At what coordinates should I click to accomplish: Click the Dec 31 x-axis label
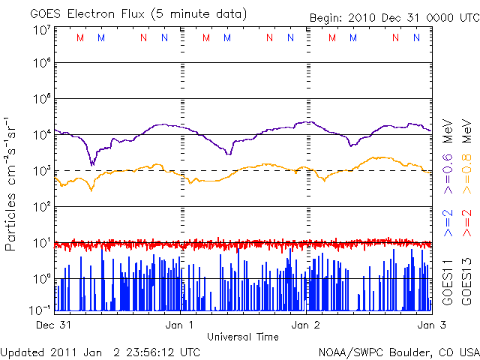pos(53,325)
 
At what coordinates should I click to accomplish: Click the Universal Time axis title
pos(242,337)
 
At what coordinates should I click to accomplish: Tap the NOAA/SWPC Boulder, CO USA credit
pos(398,351)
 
